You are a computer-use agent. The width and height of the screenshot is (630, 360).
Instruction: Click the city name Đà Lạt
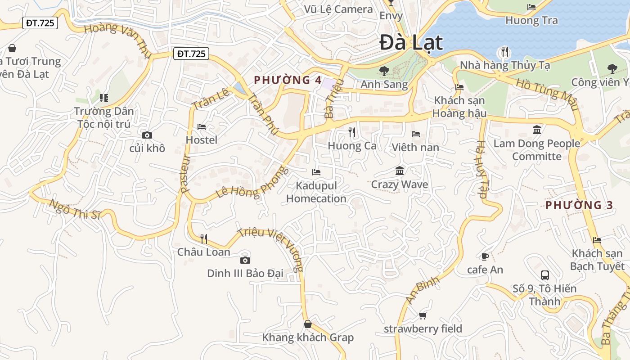[x=411, y=43]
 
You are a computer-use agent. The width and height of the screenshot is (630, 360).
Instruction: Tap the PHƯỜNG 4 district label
[x=288, y=81]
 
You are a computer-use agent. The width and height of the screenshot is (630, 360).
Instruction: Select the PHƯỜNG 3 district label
[x=579, y=206]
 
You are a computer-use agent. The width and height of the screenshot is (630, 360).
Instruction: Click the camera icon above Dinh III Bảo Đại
[x=245, y=260]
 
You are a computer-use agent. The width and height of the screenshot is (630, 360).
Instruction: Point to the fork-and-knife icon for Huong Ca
[x=352, y=132]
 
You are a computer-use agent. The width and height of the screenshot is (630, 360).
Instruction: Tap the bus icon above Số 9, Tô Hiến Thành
[x=544, y=275]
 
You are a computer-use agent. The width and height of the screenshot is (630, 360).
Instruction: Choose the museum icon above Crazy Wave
[x=400, y=171]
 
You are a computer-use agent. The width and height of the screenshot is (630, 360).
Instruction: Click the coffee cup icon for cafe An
[x=485, y=256]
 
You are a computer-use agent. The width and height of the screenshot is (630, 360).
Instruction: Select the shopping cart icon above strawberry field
[x=423, y=315]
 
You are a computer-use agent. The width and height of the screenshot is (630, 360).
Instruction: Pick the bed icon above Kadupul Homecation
[x=316, y=172]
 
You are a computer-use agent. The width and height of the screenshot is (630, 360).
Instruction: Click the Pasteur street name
[x=185, y=174]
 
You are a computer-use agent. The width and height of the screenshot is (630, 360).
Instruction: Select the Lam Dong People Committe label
[x=537, y=150]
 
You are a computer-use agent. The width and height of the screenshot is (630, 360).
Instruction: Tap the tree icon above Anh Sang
[x=384, y=71]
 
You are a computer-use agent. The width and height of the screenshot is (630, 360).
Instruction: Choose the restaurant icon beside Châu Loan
[x=204, y=238]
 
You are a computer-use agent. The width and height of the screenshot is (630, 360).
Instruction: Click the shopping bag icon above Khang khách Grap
[x=308, y=324]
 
